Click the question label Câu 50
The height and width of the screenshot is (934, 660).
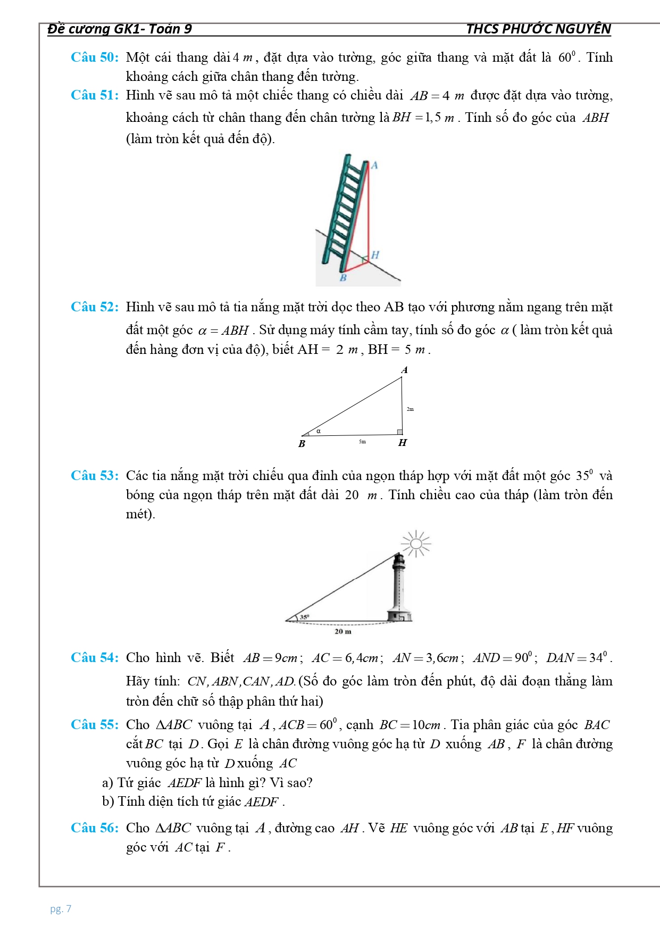click(95, 57)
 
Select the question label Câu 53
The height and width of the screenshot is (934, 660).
click(95, 476)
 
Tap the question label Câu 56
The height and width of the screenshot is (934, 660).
click(95, 828)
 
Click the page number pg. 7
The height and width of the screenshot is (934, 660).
click(61, 909)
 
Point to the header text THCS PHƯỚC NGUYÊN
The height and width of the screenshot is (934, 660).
click(538, 29)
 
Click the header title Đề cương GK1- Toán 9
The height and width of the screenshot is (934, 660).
click(120, 29)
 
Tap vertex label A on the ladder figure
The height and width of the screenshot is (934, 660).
click(374, 166)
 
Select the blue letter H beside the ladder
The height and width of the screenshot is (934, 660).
click(375, 255)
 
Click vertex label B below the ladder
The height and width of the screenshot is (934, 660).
click(343, 278)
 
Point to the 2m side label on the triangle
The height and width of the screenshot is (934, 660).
click(410, 409)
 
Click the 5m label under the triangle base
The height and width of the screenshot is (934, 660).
click(362, 442)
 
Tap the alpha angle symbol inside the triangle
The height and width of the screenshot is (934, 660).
click(319, 431)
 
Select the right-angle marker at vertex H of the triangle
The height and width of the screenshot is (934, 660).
click(399, 432)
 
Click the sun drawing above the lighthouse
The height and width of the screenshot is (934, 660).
click(416, 543)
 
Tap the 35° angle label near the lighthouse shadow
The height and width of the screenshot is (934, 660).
click(304, 617)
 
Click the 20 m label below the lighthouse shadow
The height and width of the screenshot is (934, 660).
click(343, 632)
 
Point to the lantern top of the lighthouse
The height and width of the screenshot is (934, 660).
click(398, 559)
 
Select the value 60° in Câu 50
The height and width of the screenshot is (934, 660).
click(567, 57)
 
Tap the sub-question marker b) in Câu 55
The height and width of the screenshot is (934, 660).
click(108, 801)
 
